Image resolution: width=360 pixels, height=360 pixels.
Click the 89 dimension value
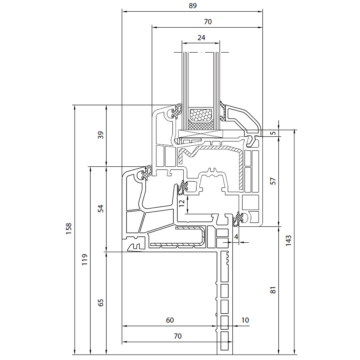(192, 6)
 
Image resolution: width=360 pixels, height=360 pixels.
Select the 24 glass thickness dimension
(201, 37)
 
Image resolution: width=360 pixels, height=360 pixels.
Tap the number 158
(69, 229)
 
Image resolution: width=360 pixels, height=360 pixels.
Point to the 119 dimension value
(84, 260)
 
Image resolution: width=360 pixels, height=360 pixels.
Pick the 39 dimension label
(101, 135)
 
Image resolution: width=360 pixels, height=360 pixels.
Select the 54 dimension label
(101, 209)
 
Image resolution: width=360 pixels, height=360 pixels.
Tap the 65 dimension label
(101, 303)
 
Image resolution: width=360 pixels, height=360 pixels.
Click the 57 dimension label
(273, 181)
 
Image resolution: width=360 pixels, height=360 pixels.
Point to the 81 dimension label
(273, 290)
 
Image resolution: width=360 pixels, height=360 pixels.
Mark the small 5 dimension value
(273, 133)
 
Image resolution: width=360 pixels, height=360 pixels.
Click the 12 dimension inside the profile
(182, 203)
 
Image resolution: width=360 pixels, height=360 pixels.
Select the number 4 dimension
(236, 237)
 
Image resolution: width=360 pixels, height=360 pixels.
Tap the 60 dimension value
(170, 320)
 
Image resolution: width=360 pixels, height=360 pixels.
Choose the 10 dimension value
(245, 320)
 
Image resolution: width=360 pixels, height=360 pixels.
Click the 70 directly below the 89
(207, 22)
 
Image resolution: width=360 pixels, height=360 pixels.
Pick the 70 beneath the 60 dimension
(178, 336)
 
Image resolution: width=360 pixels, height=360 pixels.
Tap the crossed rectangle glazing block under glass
(201, 134)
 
